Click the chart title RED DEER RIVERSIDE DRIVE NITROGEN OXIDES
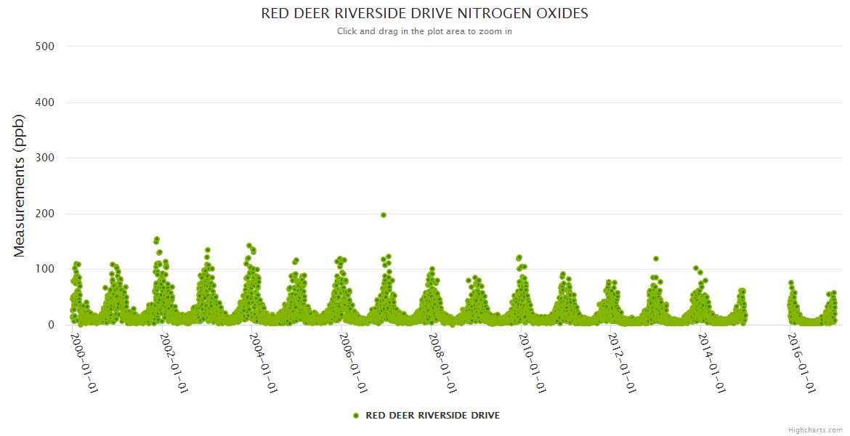(424, 14)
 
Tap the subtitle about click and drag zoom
(424, 31)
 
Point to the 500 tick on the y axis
(45, 47)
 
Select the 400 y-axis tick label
(45, 102)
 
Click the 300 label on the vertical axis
(45, 158)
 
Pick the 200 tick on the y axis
(45, 214)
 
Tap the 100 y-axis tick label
(45, 270)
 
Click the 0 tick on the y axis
(50, 325)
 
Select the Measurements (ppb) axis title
(20, 186)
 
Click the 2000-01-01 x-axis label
(84, 363)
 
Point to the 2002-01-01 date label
(174, 363)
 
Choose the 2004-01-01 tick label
(263, 363)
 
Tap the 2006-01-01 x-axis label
(353, 363)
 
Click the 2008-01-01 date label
(443, 363)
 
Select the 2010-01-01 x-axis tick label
(533, 363)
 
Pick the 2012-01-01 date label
(623, 363)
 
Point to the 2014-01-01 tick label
(713, 363)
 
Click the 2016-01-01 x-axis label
(802, 363)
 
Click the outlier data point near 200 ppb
(384, 215)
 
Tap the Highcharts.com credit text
(815, 429)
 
